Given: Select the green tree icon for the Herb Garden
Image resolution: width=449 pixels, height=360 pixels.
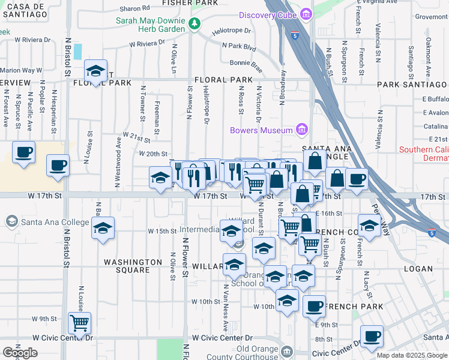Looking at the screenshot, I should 194,24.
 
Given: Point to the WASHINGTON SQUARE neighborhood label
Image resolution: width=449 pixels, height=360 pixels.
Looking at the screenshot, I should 133,266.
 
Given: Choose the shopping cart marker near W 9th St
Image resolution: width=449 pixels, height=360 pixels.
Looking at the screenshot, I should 79,323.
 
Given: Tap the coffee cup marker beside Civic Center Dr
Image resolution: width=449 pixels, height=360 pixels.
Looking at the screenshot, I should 371,337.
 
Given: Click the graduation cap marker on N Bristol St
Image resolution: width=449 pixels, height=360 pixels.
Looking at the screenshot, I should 95,71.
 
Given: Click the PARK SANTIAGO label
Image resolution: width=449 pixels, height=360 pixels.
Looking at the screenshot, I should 412,85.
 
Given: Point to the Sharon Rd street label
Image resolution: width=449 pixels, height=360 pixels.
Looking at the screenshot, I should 134,8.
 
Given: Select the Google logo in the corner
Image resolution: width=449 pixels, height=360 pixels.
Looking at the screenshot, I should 20,353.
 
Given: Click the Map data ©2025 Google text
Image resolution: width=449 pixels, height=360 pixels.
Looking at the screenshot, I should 412,355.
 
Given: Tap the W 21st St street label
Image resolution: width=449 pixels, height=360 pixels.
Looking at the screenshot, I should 136,137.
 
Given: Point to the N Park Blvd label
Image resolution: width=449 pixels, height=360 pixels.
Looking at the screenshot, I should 239,46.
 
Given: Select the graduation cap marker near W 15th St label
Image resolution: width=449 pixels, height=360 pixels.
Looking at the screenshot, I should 103,228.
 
